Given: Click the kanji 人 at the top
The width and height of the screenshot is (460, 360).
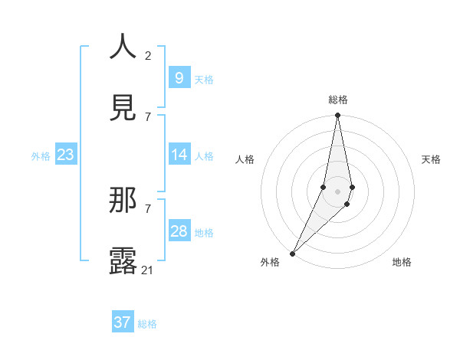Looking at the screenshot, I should [123, 47].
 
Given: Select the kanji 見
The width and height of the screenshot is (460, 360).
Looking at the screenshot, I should [123, 108].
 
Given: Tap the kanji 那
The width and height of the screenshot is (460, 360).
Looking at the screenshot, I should [123, 201].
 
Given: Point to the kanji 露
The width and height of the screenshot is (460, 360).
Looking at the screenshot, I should [123, 260].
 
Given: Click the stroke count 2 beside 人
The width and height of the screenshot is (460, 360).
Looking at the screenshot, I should [148, 55].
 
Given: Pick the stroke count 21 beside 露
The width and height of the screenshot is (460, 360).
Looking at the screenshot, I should [148, 270].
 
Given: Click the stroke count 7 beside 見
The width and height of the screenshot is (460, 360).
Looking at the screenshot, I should [148, 116].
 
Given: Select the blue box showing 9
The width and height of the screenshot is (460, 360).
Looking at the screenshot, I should [179, 78].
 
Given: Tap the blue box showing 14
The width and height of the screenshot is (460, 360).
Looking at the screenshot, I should [179, 155].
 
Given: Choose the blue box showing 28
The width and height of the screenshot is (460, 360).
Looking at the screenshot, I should [179, 231].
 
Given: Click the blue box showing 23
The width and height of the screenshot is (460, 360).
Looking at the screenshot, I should [65, 155].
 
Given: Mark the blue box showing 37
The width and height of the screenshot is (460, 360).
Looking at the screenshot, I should [122, 322].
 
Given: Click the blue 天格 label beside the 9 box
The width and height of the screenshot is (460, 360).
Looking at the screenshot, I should [204, 79].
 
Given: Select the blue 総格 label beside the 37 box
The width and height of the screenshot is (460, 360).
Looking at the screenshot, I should [147, 324].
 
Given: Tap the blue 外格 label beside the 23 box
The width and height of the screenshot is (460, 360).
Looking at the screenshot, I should [41, 155].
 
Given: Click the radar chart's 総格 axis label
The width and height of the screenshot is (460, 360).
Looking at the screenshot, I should [338, 100].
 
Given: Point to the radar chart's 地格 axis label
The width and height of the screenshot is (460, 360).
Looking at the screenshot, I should [402, 262].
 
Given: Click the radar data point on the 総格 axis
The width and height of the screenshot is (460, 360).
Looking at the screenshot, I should [337, 116].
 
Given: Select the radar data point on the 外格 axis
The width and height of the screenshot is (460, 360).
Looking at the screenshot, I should [293, 253].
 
